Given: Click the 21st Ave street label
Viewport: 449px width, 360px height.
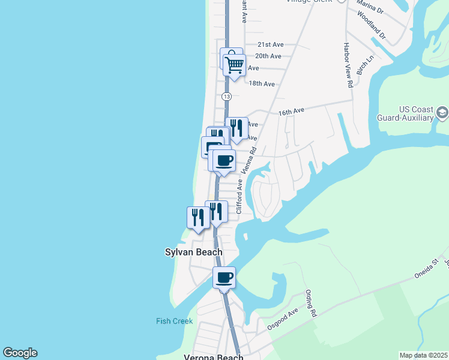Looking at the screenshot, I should point(270,44).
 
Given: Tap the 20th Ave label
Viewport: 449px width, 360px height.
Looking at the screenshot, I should point(268,56).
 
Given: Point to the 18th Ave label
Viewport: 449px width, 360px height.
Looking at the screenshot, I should point(261,84).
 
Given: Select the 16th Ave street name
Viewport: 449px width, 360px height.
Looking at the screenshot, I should point(291,112).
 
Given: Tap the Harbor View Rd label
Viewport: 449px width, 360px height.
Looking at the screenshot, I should point(347,65).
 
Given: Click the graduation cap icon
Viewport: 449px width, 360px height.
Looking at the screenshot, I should point(442,112).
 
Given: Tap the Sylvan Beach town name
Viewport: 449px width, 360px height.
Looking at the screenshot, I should point(193,253).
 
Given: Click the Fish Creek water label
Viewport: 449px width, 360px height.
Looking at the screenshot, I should point(174,321).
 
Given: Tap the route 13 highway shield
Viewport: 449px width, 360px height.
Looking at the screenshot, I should point(226,96).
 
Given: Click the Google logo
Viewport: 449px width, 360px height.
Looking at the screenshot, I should point(20,353).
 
